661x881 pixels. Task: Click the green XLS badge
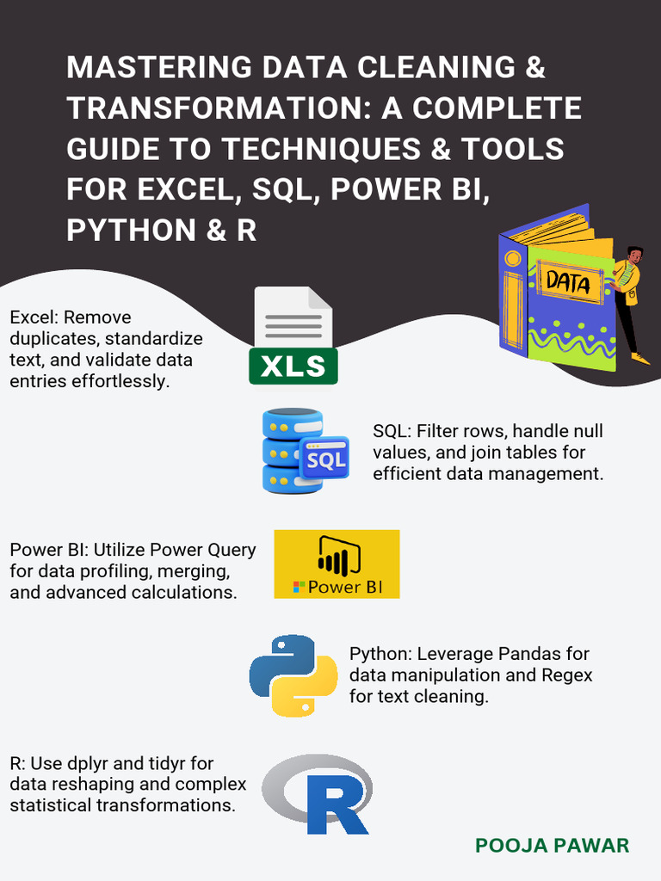pos(293,367)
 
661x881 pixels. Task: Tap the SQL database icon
pos(303,451)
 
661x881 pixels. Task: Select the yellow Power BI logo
pos(337,564)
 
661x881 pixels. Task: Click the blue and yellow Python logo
pos(293,675)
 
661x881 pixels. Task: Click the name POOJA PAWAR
pos(552,846)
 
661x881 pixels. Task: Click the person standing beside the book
pos(629,297)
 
